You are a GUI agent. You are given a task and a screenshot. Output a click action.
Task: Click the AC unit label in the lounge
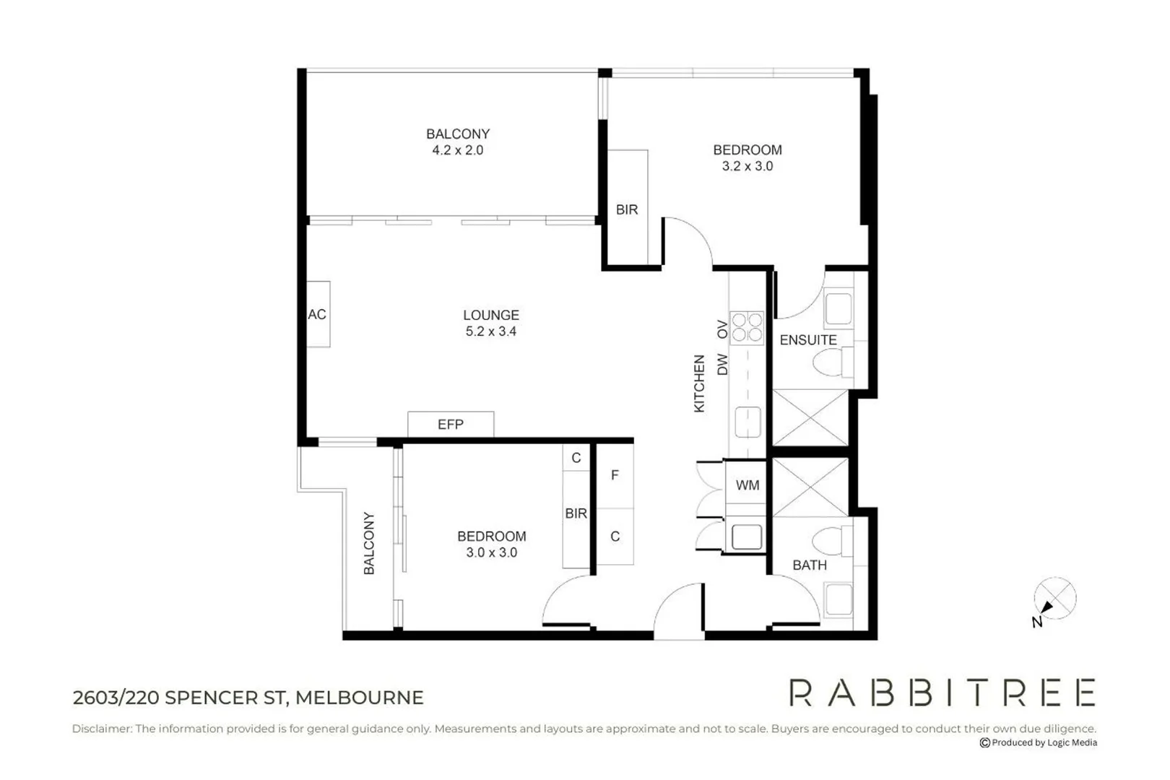[x=317, y=314]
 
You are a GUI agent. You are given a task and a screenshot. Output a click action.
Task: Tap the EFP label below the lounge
[x=451, y=424]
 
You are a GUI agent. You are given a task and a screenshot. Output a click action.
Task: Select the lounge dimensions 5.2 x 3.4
[x=491, y=331]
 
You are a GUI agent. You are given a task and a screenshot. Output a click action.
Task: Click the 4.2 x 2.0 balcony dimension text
[x=458, y=150]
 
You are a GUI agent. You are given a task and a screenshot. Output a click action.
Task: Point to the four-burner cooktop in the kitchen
[x=747, y=328]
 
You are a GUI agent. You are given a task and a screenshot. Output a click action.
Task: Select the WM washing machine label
[x=747, y=485]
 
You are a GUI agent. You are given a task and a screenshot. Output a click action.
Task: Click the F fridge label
[x=615, y=475]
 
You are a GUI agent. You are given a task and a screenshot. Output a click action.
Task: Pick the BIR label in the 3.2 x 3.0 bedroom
[x=627, y=209]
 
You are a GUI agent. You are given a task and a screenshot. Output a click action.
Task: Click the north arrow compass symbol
[x=1054, y=599]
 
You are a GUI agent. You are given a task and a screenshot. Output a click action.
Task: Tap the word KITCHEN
[x=699, y=383]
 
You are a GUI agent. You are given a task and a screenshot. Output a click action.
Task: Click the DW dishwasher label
[x=722, y=364]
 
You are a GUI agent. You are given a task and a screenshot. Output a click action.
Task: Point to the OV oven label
[x=722, y=329]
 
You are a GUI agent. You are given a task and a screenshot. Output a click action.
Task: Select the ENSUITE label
[x=808, y=340]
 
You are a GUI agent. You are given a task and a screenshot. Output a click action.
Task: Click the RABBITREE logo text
[x=942, y=693]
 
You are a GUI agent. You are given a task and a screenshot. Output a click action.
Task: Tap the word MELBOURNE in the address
[x=360, y=698]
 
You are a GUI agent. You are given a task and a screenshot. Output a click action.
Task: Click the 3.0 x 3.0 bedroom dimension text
[x=492, y=552]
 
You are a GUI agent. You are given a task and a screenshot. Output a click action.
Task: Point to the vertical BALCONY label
[x=369, y=543]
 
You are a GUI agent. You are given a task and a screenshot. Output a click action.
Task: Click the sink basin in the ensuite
[x=838, y=308]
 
